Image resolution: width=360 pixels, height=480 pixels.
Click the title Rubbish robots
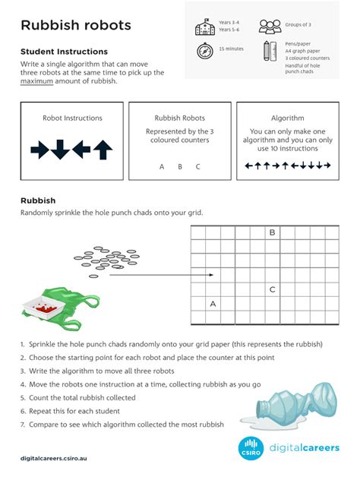pos(76,26)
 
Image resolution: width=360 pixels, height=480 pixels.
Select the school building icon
pos(204,28)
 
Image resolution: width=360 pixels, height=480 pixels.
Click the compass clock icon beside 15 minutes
pos(204,51)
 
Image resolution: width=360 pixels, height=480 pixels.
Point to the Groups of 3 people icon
pos(270,27)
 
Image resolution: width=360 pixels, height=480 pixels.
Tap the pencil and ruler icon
pos(270,52)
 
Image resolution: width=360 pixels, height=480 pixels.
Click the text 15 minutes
pos(231,49)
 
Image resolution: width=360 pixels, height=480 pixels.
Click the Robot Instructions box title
pos(72,118)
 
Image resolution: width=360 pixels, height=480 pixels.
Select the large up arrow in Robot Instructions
pos(103,150)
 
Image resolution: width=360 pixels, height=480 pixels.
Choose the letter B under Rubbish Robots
pos(180,166)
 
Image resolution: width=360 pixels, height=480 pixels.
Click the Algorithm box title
pos(287,118)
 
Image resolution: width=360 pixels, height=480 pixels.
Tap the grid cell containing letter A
pos(213,304)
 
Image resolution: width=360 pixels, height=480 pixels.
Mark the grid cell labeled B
pos(272,233)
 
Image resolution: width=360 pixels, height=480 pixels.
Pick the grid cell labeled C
pos(272,289)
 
